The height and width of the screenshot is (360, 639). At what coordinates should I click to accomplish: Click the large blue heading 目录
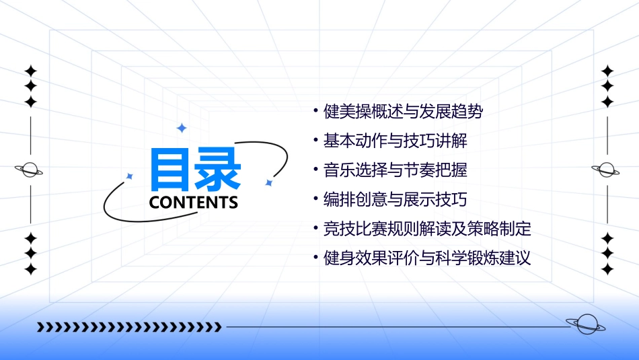click(x=194, y=170)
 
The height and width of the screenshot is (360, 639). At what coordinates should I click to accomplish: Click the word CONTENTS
click(x=194, y=203)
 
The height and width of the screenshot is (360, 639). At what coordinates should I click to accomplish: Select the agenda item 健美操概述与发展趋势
click(x=403, y=112)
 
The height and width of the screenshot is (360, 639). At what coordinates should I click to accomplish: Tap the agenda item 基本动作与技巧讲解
click(x=395, y=141)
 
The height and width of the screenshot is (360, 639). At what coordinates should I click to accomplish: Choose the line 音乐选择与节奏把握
click(x=395, y=170)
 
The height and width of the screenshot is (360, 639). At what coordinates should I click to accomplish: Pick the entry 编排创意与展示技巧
click(x=395, y=200)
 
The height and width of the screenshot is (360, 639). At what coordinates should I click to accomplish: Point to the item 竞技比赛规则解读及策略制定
click(x=427, y=229)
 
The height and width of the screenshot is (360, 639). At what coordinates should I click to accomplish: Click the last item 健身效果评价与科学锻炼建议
click(x=427, y=258)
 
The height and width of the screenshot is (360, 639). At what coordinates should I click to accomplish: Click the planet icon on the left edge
click(x=30, y=170)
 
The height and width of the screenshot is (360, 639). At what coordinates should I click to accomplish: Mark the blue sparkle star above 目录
click(x=181, y=128)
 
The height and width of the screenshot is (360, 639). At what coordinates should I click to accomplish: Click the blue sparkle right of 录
click(x=268, y=182)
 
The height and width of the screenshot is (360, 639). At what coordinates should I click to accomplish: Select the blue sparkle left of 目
click(x=130, y=176)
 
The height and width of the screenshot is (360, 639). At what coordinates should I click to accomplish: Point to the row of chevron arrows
click(x=128, y=327)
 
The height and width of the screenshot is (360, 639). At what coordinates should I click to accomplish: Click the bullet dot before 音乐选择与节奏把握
click(x=315, y=170)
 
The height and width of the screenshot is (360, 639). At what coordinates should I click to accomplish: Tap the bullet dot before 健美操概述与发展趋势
click(x=315, y=111)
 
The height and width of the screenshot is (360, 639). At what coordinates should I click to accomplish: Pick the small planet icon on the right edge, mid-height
click(x=606, y=170)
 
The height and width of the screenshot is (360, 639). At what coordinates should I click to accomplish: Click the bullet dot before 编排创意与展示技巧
click(x=315, y=199)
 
